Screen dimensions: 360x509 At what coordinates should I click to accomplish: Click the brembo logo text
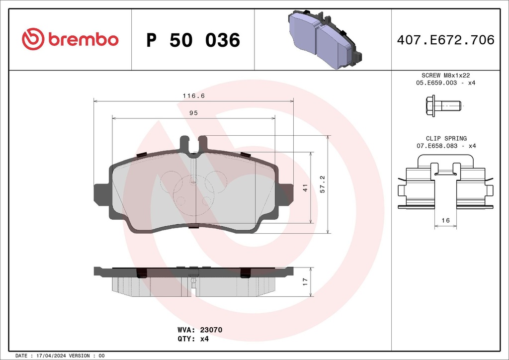84,40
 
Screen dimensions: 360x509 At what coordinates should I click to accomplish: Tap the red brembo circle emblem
33,40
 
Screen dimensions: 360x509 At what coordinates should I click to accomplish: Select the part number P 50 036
193,40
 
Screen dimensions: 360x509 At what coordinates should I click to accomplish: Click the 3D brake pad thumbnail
324,40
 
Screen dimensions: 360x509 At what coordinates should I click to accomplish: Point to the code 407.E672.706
445,40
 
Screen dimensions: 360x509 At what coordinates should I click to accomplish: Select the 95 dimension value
193,113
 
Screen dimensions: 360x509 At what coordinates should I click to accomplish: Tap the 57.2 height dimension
323,184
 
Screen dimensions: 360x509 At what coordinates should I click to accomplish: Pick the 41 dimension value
305,187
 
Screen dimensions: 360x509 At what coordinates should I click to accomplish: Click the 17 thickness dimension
305,281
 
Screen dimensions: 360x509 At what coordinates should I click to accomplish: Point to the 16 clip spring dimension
445,220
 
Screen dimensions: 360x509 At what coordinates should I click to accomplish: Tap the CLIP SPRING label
446,138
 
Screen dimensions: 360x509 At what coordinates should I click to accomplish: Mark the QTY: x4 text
193,339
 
